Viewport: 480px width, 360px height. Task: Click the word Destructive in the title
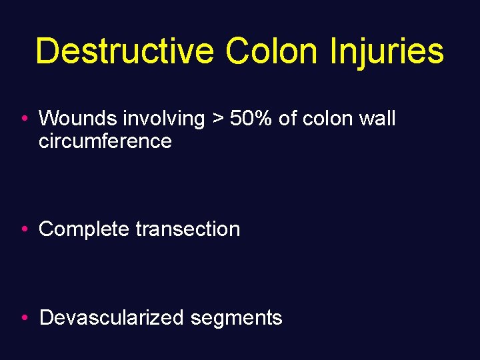tap(125, 51)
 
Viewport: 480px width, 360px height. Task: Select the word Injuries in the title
tap(387, 51)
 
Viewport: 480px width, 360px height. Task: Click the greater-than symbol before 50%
tap(217, 119)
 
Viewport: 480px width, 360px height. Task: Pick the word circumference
tap(105, 141)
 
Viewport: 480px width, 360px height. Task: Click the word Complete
tap(84, 229)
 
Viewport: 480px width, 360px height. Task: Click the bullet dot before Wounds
tap(24, 119)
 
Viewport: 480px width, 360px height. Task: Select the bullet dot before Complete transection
tap(24, 229)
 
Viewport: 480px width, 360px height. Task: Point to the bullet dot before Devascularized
tap(24, 318)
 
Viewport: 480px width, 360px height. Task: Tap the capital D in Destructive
tap(48, 51)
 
